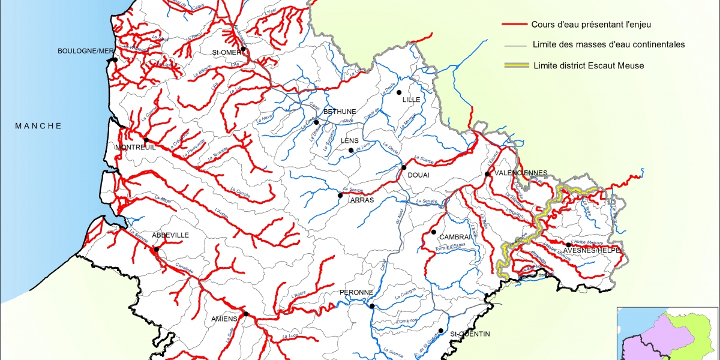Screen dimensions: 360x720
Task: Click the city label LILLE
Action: pyautogui.click(x=411, y=100)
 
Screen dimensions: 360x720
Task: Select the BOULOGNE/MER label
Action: pyautogui.click(x=85, y=51)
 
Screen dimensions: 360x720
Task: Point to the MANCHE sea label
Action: pyautogui.click(x=38, y=125)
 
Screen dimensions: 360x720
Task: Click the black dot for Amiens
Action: pyautogui.click(x=245, y=313)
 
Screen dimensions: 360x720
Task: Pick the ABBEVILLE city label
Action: pyautogui.click(x=170, y=235)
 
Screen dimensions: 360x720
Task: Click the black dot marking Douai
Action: pyautogui.click(x=404, y=167)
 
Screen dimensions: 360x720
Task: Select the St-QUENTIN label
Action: pyautogui.click(x=470, y=334)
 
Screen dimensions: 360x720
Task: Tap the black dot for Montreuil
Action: pyautogui.click(x=146, y=140)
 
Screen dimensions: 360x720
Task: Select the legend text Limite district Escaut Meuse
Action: pyautogui.click(x=588, y=65)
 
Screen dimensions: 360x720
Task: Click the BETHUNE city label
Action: pyautogui.click(x=340, y=112)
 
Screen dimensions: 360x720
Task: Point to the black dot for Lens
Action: pyautogui.click(x=351, y=150)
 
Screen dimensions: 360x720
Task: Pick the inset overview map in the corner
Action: pyautogui.click(x=668, y=333)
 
